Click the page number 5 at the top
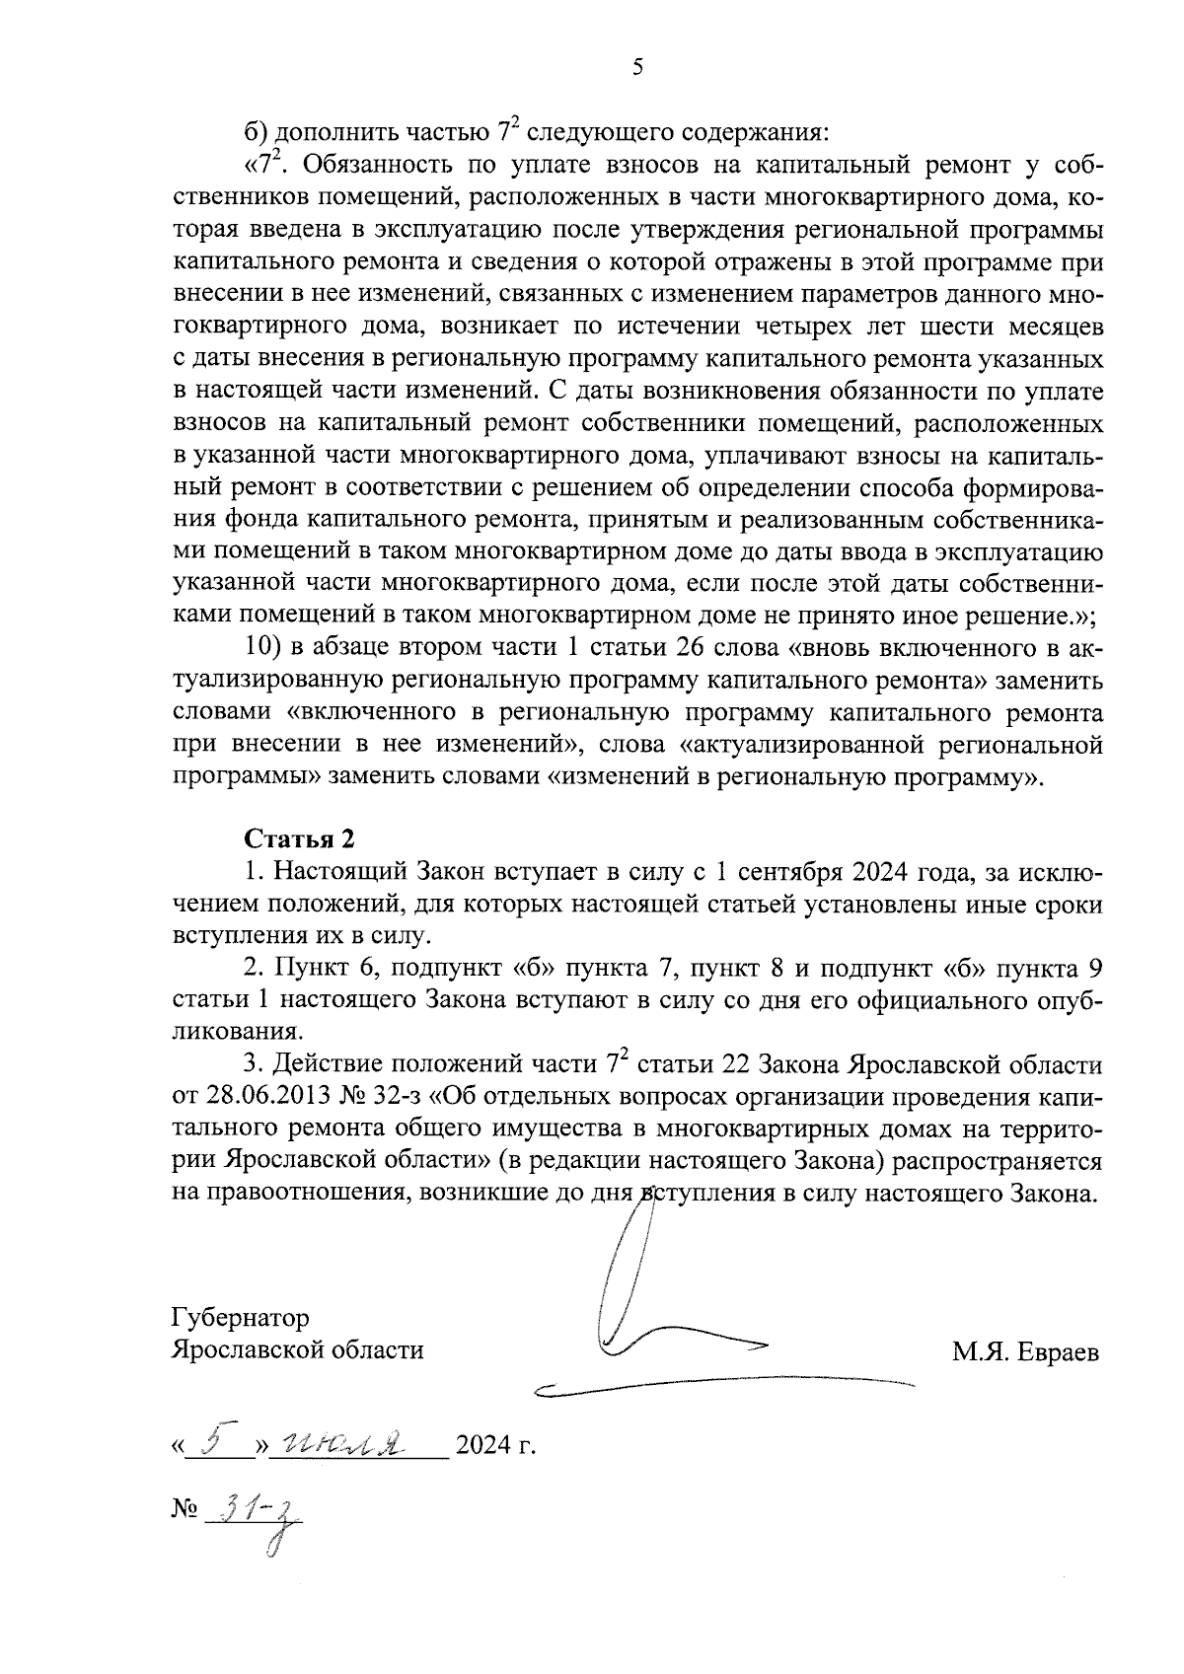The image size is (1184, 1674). coord(636,67)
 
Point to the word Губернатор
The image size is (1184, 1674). coord(240,1318)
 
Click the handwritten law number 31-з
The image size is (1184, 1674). coord(259,1512)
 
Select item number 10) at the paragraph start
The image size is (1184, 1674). coord(263,649)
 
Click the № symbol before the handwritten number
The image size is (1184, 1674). coord(185,1510)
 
